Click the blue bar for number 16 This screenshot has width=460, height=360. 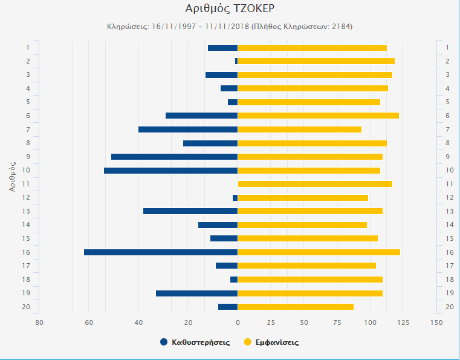pos(161,252)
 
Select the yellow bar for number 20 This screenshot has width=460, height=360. pos(296,307)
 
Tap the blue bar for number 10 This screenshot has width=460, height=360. pos(171,171)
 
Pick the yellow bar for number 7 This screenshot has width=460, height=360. pos(300,129)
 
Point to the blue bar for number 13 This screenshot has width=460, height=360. pos(190,211)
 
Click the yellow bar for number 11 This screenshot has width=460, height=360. pos(315,184)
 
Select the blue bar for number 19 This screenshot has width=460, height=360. pos(197,293)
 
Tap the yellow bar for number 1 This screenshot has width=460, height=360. pos(313,48)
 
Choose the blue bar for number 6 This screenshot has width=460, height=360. pos(202,116)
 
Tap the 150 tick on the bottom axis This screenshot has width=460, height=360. pos(436,322)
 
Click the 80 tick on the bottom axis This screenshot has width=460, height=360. pos(39,322)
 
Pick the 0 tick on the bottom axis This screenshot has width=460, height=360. pos(238,322)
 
